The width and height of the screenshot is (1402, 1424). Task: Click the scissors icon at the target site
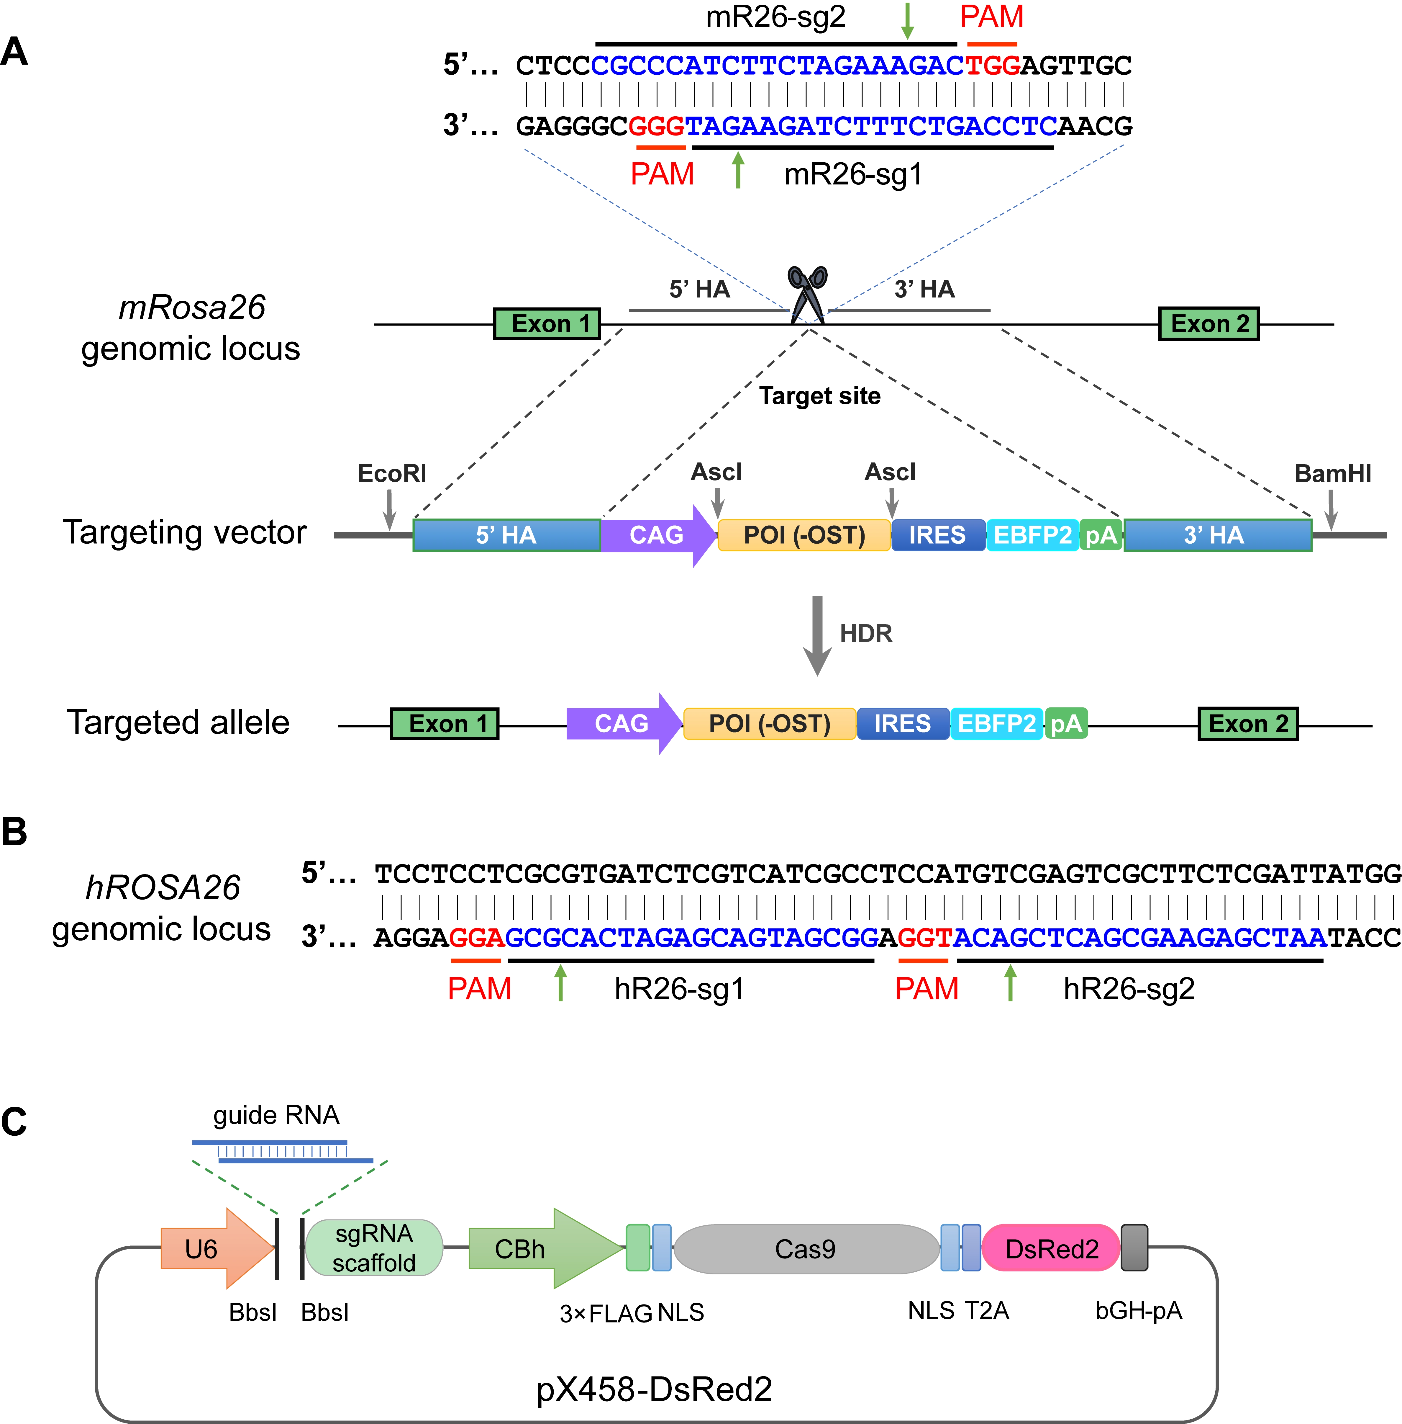pos(808,295)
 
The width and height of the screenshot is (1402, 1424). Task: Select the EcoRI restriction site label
pos(392,473)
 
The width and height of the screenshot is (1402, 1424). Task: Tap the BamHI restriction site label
pos(1333,473)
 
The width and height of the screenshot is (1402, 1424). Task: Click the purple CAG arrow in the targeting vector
pos(655,535)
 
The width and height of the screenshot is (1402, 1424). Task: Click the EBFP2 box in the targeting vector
pos(1032,535)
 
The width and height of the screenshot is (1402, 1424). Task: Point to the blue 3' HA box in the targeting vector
pos(1217,535)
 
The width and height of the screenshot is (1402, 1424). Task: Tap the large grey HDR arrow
pos(816,634)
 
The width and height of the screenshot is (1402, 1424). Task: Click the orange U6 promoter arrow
pos(214,1249)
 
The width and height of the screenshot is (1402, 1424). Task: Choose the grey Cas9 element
pos(806,1249)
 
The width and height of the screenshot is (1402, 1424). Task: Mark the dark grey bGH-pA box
pos(1134,1248)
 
